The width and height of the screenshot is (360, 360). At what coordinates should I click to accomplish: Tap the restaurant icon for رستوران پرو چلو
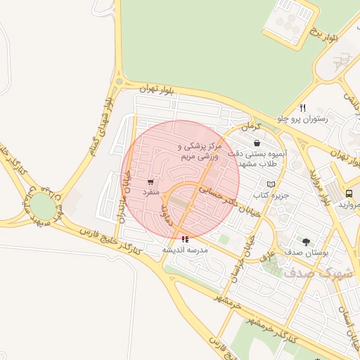(302, 108)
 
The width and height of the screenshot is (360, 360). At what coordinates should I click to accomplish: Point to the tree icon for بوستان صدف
(305, 241)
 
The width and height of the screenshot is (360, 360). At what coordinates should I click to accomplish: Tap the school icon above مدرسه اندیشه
(185, 240)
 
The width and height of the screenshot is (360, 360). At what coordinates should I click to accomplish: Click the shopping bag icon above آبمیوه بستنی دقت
(257, 143)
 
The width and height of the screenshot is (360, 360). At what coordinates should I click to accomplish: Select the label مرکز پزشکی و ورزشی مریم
(200, 152)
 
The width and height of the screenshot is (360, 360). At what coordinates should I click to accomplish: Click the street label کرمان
(250, 127)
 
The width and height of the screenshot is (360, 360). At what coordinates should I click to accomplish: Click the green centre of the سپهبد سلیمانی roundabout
(42, 207)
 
